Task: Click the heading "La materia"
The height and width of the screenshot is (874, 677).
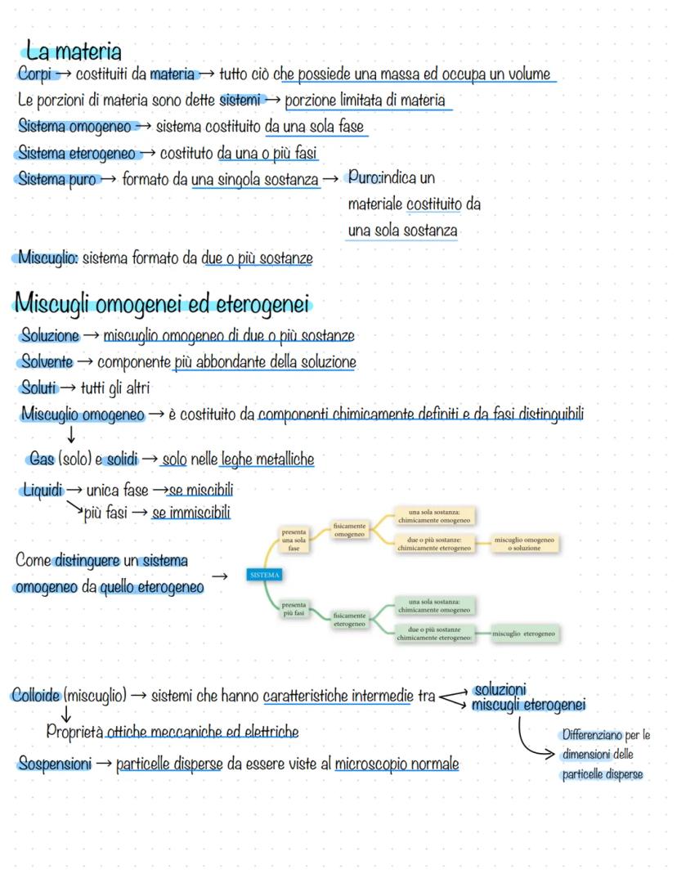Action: coord(74,52)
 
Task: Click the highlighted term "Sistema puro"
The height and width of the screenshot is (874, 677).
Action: coord(56,179)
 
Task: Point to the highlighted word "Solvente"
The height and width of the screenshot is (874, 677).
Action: coord(47,361)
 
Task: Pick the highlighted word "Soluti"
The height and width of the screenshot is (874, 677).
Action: coord(39,388)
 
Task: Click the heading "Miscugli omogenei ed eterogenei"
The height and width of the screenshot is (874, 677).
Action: coord(162,305)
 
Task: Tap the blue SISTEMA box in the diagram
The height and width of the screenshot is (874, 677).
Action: coord(262,576)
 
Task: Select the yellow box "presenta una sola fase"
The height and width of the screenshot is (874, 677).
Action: coord(294,540)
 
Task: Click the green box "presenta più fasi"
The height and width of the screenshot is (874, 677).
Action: coord(294,610)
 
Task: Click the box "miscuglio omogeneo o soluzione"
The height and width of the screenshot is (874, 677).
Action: coord(524,544)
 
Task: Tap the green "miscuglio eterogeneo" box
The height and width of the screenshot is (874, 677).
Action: coord(524,634)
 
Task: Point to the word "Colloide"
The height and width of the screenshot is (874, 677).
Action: coord(36,696)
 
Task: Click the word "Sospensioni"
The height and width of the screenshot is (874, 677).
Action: coord(55,764)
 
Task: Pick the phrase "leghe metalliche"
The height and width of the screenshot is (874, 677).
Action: coord(267,460)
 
